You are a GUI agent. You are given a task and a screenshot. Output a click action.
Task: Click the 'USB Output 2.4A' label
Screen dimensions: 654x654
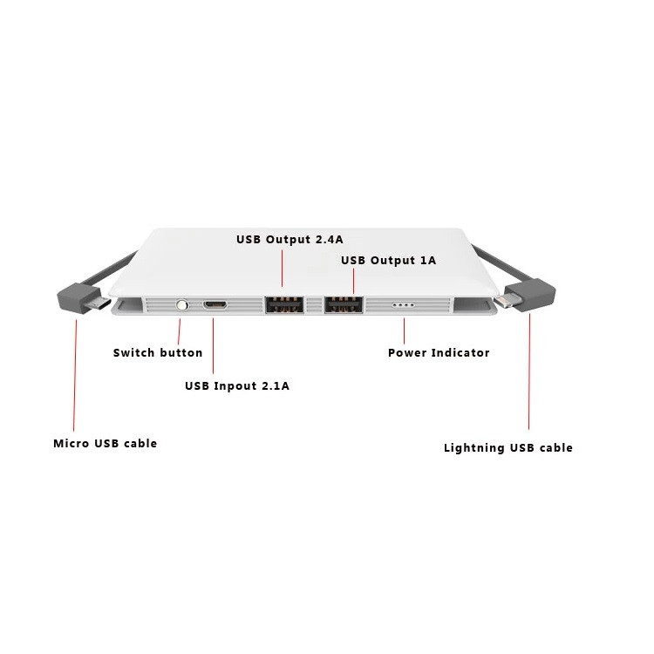coord(290,240)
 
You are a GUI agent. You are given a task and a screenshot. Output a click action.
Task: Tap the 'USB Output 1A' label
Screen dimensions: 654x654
coord(388,260)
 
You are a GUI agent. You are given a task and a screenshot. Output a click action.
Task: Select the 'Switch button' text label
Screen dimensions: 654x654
coord(158,353)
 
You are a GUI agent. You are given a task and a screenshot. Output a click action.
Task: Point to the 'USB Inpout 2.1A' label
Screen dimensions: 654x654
coord(237,385)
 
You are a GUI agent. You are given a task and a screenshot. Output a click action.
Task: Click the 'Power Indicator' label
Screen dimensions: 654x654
coord(439,353)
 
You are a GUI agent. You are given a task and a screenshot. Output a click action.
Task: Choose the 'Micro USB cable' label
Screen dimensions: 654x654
coord(106,443)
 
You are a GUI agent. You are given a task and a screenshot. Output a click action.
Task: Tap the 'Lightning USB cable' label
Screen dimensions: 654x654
coord(508,448)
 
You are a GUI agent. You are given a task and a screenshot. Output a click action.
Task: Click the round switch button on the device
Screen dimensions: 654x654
coord(182,305)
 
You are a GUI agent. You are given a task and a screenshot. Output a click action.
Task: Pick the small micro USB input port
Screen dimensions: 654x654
coord(215,305)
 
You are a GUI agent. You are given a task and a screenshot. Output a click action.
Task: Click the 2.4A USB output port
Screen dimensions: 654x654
coord(284,304)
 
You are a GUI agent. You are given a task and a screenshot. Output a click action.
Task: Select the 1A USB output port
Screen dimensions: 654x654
coord(344,304)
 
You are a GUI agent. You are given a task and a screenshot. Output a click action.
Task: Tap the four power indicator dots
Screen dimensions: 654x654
coord(404,305)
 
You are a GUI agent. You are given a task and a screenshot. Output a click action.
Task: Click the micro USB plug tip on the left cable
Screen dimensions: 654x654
coord(99,303)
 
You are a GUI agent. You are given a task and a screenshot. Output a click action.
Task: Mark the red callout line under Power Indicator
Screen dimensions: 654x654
coord(404,331)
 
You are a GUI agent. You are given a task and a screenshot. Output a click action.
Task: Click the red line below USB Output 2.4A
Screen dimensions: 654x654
coord(282,269)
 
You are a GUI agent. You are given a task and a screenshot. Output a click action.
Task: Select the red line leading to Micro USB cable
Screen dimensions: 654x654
coord(75,375)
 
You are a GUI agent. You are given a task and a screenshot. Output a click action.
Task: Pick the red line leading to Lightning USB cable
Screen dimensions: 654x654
coord(529,371)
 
